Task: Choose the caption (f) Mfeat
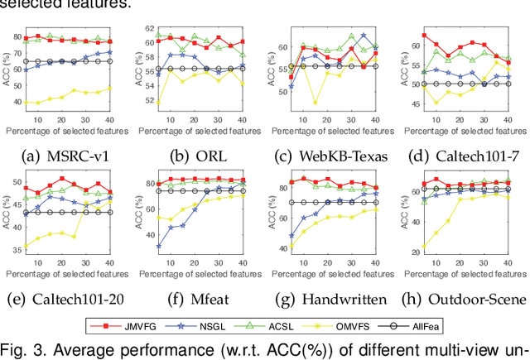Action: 197,297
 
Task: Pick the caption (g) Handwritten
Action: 329,297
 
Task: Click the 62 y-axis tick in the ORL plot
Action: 149,31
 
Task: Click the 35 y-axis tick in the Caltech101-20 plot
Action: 18,247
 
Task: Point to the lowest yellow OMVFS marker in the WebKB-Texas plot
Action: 315,103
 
